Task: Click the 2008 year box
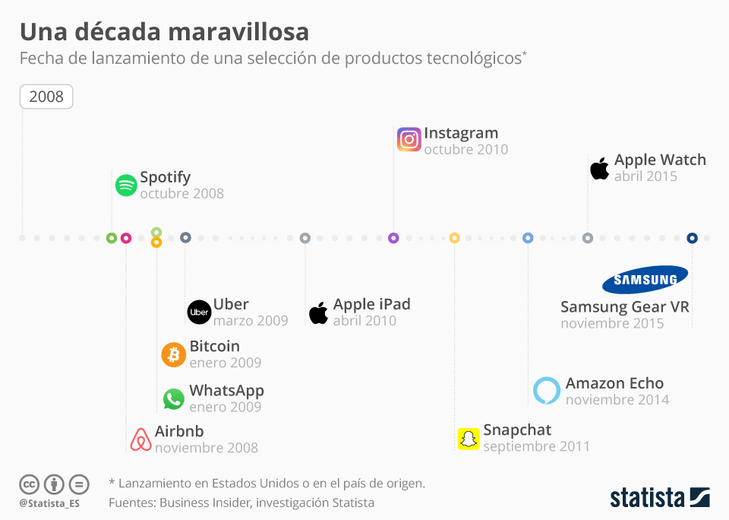(x=46, y=97)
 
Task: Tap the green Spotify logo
(x=126, y=185)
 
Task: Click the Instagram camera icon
(x=409, y=140)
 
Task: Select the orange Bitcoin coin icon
(x=174, y=354)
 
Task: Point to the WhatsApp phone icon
(x=174, y=398)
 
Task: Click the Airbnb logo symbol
(x=140, y=439)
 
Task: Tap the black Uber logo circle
(x=199, y=312)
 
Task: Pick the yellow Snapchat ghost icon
(x=469, y=438)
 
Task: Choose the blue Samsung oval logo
(x=645, y=280)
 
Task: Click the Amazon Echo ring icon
(x=546, y=390)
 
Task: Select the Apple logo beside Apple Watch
(x=599, y=168)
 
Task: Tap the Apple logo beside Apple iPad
(x=318, y=312)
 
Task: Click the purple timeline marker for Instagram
(x=393, y=238)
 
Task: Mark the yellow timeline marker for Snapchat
(x=454, y=238)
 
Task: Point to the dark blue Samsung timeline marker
(x=692, y=238)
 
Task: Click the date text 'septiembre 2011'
(x=536, y=446)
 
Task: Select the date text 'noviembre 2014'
(x=617, y=399)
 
